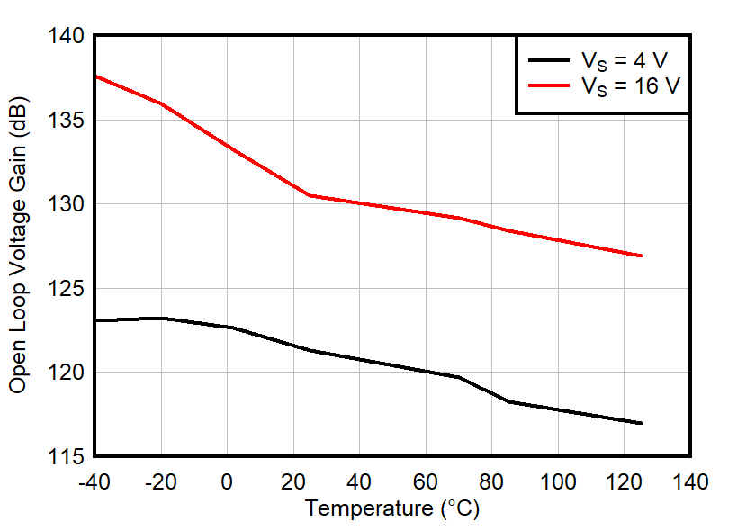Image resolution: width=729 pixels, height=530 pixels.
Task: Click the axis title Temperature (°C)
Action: point(392,508)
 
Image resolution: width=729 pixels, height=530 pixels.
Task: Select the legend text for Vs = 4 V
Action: point(625,61)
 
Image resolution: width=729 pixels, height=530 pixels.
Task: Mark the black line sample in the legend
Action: point(550,61)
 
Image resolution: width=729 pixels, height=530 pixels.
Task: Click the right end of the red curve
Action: point(641,256)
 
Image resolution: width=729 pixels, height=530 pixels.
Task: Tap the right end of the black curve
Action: point(641,423)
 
